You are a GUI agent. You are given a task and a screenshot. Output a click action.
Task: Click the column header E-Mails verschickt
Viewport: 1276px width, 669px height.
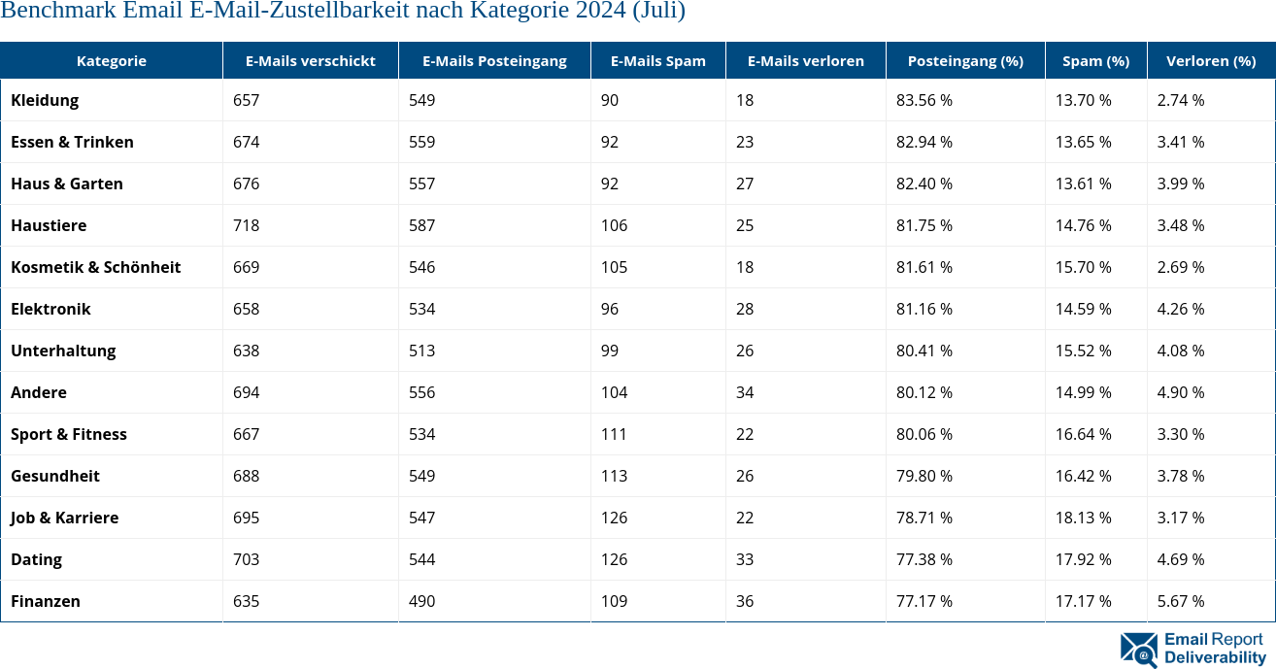(310, 60)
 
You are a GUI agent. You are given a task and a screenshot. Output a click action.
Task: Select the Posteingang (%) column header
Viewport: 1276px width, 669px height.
(964, 60)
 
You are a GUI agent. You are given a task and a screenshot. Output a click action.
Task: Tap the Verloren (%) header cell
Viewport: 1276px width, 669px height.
(1210, 60)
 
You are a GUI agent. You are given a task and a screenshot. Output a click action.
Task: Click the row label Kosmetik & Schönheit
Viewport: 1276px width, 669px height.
(95, 267)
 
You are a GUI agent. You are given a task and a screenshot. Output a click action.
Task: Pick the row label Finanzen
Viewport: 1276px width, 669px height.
(46, 601)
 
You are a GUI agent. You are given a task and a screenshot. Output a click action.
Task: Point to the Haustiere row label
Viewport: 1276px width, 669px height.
(49, 225)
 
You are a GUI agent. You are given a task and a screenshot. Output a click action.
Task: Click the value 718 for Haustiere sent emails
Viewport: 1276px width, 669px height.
(246, 225)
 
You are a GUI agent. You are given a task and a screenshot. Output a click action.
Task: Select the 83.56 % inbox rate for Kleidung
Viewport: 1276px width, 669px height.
(923, 100)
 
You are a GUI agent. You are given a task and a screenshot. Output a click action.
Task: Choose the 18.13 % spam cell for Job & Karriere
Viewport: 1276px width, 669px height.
(1083, 518)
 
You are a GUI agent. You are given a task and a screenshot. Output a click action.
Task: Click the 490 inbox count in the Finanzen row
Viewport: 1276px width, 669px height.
(421, 601)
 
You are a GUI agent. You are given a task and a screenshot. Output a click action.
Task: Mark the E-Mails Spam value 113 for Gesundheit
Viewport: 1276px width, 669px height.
(614, 476)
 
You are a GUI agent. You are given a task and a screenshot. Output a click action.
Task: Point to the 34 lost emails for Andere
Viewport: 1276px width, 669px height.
(745, 392)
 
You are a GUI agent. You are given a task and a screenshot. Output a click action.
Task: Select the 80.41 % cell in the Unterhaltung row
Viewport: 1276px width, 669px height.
(923, 351)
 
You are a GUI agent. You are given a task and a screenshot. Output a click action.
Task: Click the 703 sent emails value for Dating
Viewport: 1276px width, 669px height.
(246, 559)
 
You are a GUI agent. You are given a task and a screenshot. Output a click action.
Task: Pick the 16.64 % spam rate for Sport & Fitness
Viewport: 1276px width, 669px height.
(1083, 434)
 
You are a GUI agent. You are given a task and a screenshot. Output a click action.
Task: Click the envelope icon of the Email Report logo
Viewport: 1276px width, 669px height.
(1138, 650)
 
